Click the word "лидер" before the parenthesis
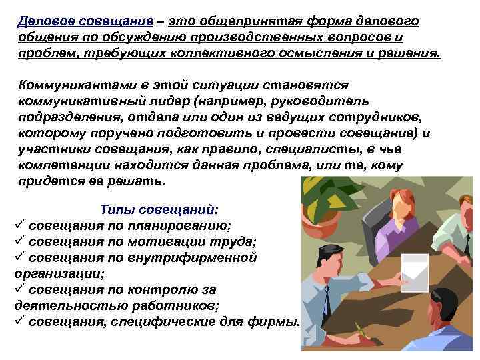point(169,101)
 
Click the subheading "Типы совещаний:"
point(159,209)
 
